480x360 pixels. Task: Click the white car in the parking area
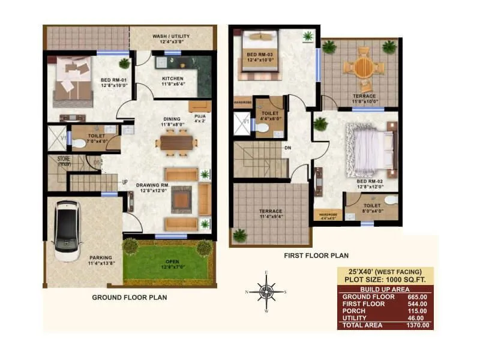pyautogui.click(x=67, y=230)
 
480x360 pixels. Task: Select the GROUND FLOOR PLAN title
pyautogui.click(x=129, y=297)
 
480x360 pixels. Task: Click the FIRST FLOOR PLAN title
pyautogui.click(x=316, y=255)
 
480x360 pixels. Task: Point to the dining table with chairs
pyautogui.click(x=176, y=143)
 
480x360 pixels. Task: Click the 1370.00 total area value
pyautogui.click(x=418, y=325)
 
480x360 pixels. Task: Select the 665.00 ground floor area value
pyautogui.click(x=418, y=297)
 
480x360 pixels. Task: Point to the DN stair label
pyautogui.click(x=287, y=148)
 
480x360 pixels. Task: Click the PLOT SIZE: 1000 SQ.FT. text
pyautogui.click(x=385, y=280)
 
